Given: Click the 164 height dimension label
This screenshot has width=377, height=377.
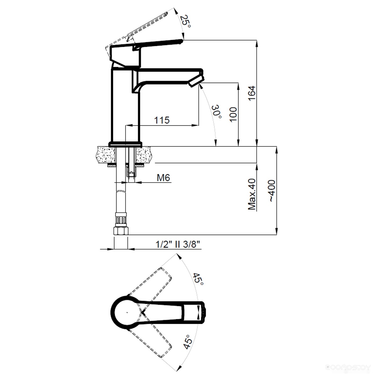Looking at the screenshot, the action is [252, 93].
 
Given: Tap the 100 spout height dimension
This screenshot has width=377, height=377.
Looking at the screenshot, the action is [233, 115].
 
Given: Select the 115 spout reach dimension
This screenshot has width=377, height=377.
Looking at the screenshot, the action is [162, 120].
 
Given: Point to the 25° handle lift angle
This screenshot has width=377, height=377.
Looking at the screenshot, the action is [185, 21].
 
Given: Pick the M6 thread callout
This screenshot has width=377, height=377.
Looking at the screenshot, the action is [163, 178].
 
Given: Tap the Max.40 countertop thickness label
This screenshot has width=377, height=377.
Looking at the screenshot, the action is [252, 194].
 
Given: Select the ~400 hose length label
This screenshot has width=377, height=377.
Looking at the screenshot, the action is [271, 191].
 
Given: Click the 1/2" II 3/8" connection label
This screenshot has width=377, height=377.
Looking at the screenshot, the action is [178, 244].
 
